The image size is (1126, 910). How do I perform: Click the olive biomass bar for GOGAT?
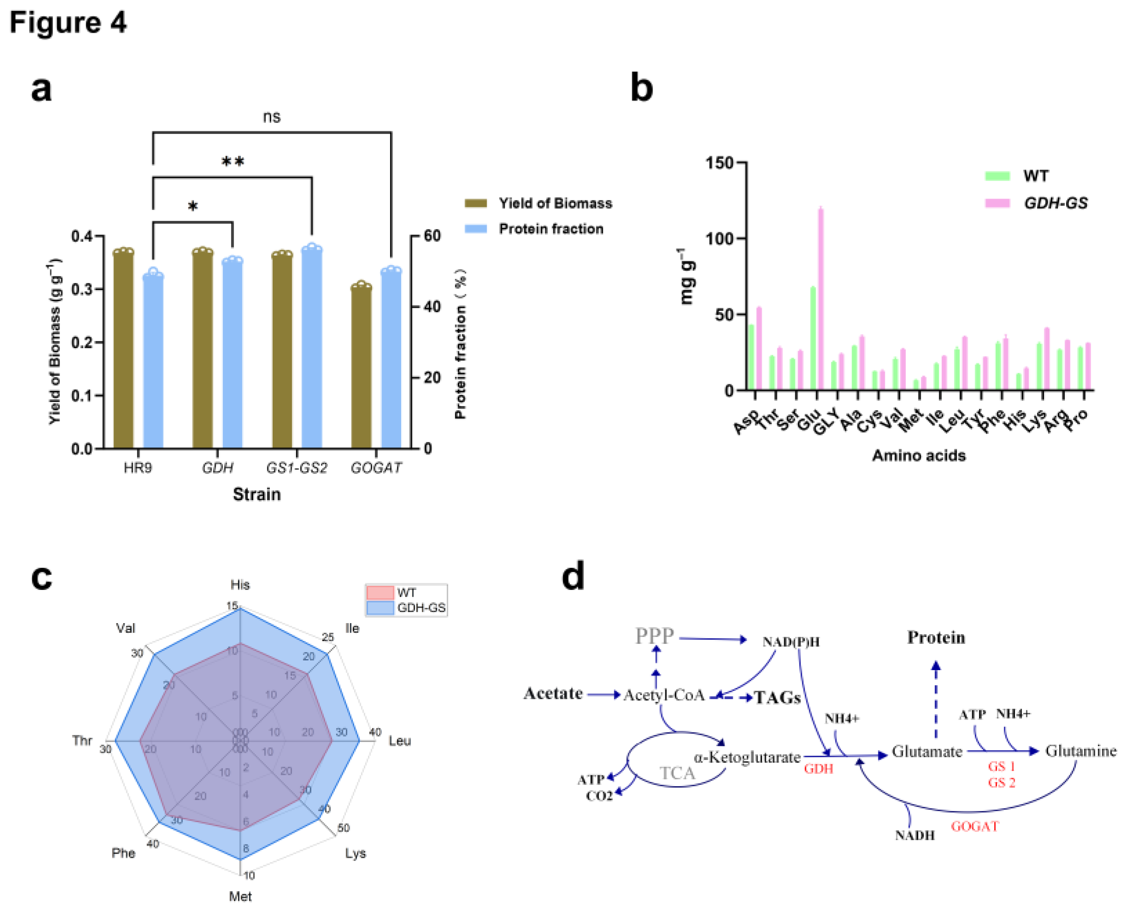pos(361,367)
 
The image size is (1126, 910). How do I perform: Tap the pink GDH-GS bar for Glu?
pos(820,299)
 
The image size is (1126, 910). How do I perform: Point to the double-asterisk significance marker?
pos(233,162)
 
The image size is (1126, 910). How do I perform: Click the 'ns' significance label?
pos(272,117)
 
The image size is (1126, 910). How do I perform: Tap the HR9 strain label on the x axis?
pos(138,467)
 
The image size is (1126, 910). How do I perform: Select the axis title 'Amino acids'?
pos(918,455)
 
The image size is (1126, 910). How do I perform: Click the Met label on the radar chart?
pos(240,896)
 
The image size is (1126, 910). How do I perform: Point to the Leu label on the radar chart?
pos(399,741)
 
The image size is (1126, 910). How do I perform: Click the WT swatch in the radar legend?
pos(379,593)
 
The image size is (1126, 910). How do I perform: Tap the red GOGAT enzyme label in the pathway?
pos(974,827)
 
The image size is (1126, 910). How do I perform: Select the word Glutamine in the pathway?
pos(1080,751)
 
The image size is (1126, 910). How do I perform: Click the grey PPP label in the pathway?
pos(654,636)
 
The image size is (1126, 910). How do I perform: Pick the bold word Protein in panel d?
pos(936,638)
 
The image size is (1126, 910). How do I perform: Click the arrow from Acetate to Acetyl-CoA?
pos(604,694)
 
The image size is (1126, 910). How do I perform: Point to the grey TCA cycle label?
pos(677,773)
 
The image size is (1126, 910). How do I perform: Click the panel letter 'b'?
pos(642,88)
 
